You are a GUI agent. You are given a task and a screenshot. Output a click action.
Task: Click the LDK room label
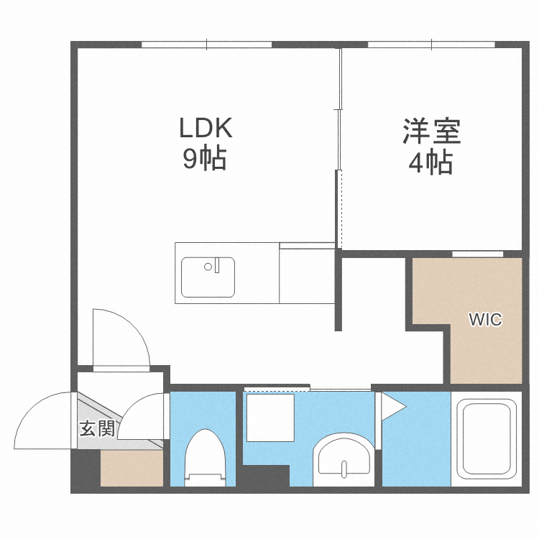(206, 129)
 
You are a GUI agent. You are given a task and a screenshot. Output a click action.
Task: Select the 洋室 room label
(431, 132)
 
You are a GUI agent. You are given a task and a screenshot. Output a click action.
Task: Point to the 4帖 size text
(430, 163)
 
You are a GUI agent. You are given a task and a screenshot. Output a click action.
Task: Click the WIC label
(485, 320)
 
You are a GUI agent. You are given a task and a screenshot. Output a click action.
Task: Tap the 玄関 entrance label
(97, 429)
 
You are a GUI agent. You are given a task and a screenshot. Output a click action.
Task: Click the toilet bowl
(206, 460)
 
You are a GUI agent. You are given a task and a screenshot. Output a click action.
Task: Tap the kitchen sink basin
(208, 277)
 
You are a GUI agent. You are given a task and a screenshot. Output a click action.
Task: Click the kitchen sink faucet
(211, 267)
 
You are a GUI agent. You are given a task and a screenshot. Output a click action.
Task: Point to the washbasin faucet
(344, 469)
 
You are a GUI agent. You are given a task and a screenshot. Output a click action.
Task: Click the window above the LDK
(207, 45)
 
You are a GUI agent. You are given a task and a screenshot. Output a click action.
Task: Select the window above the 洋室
(431, 45)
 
